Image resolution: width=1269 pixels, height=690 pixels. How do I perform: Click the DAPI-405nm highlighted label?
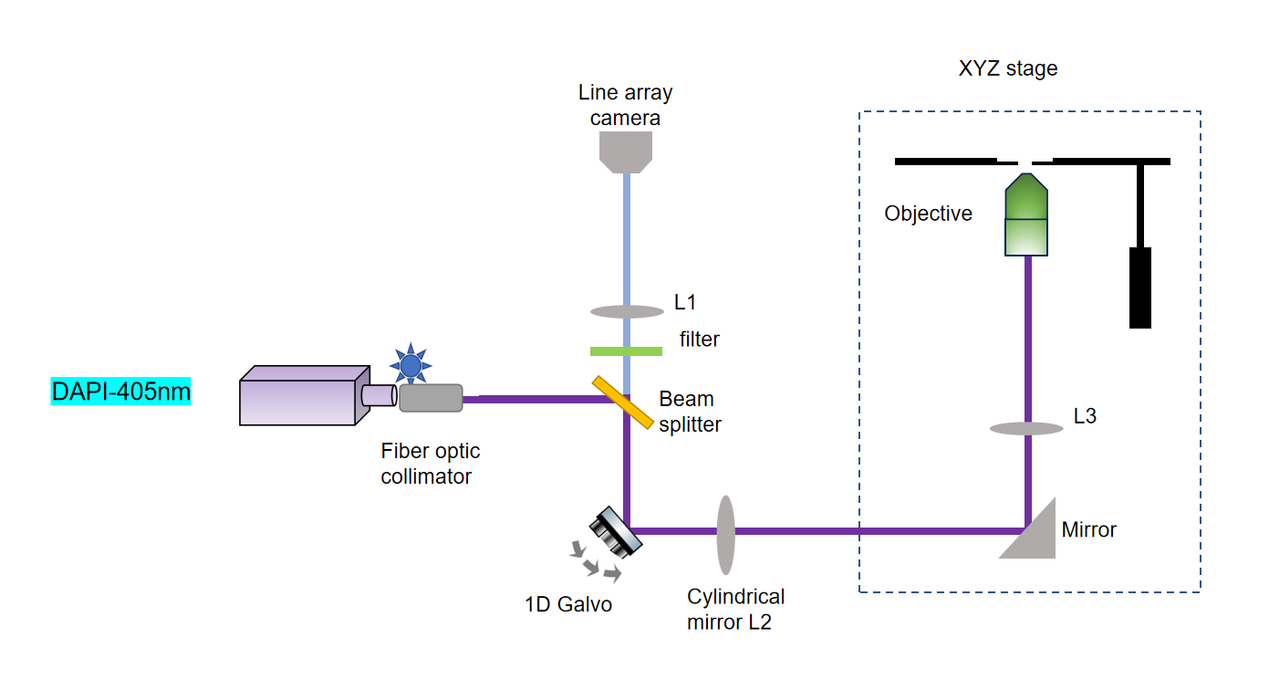tap(120, 392)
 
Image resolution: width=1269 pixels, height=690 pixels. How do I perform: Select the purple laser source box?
tap(299, 397)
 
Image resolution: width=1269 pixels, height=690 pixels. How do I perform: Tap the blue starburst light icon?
tap(411, 365)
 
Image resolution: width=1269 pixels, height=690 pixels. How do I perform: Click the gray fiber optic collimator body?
tap(431, 398)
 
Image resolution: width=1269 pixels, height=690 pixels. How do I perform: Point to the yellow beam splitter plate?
tap(623, 402)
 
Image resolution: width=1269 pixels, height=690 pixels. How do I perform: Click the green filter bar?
tap(626, 350)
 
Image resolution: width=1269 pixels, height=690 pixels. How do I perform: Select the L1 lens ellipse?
tap(626, 311)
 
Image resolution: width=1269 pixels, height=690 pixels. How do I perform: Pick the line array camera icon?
tap(626, 151)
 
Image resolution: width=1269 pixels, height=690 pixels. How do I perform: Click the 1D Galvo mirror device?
tap(616, 532)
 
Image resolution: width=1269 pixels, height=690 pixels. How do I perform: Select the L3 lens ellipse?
tap(1027, 428)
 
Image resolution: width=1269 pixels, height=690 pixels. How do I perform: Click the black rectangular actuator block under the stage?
tap(1139, 287)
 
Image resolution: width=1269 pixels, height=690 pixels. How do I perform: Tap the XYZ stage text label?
tap(1007, 69)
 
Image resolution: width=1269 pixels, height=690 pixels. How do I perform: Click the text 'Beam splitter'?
tap(690, 412)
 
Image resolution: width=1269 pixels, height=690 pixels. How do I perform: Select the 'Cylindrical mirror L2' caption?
tap(735, 610)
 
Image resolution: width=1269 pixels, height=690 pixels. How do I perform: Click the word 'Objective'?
tap(928, 214)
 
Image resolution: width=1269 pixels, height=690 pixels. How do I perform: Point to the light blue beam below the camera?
tap(626, 237)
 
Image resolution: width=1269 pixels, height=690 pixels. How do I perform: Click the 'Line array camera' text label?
tap(625, 105)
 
